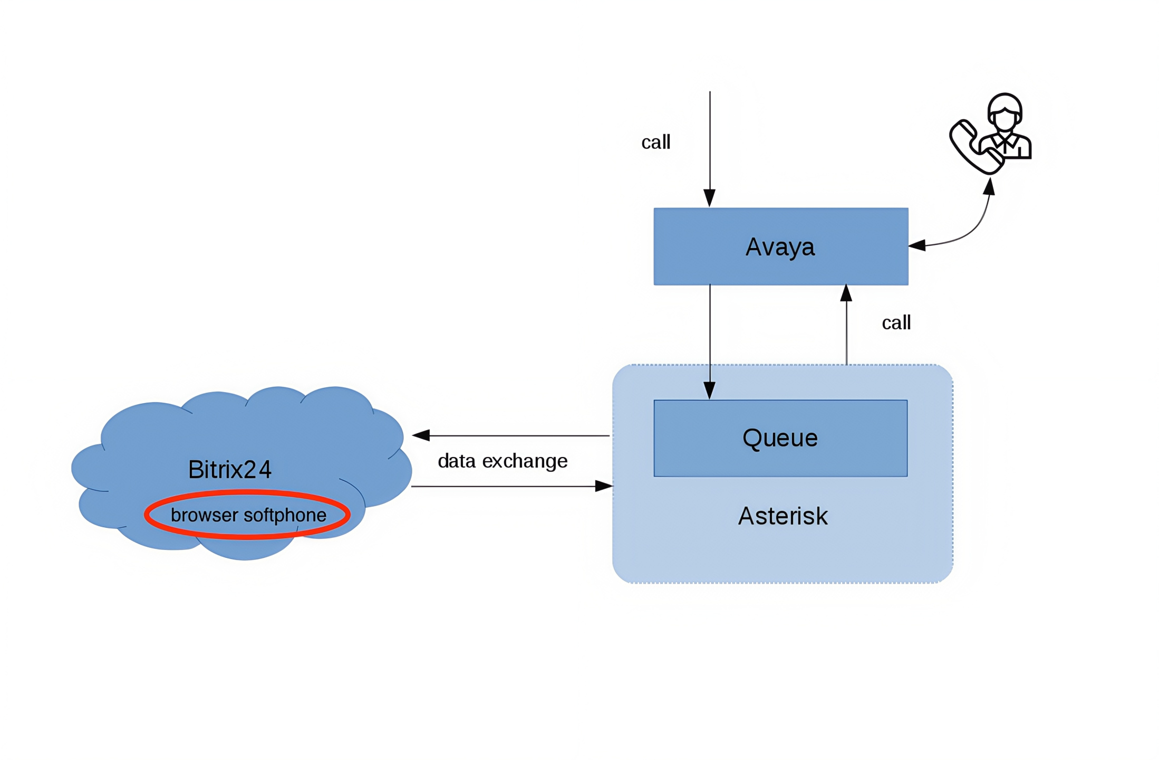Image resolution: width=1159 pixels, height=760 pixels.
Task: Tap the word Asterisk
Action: pyautogui.click(x=783, y=516)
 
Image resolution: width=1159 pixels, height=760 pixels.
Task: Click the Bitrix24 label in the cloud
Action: pyautogui.click(x=229, y=469)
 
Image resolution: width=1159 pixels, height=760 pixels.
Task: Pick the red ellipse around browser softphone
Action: pyautogui.click(x=247, y=536)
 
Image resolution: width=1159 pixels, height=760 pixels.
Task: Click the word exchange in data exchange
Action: pyautogui.click(x=525, y=461)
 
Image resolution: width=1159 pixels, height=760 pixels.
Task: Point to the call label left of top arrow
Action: pyautogui.click(x=655, y=142)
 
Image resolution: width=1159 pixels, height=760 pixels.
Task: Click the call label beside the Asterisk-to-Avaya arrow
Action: pyautogui.click(x=896, y=322)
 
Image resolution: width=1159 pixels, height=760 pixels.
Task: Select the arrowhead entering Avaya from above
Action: pyautogui.click(x=710, y=198)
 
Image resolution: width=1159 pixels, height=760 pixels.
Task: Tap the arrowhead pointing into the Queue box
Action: pyautogui.click(x=710, y=390)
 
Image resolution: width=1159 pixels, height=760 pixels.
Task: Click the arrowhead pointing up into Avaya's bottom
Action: pyautogui.click(x=846, y=293)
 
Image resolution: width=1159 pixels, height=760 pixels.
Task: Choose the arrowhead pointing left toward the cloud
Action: pyautogui.click(x=421, y=435)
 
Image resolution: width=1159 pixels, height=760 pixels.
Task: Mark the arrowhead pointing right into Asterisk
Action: pyautogui.click(x=603, y=486)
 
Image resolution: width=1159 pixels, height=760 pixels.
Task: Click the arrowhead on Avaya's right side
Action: pyautogui.click(x=917, y=245)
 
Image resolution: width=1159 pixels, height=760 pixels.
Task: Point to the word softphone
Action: pyautogui.click(x=285, y=515)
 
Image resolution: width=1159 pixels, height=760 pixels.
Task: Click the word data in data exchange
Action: pyautogui.click(x=457, y=461)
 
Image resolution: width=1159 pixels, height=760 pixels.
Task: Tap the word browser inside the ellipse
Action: pyautogui.click(x=204, y=515)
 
